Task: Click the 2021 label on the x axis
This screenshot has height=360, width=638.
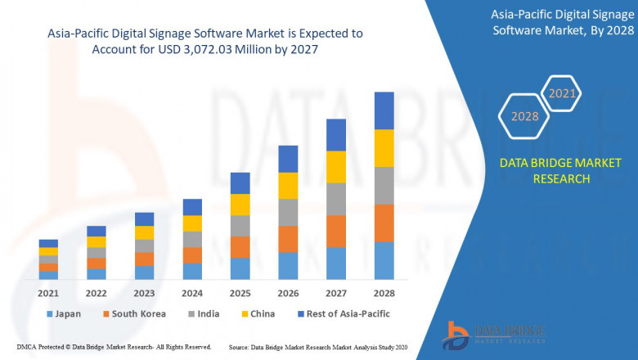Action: (x=48, y=294)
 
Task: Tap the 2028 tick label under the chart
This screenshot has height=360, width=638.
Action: (x=384, y=294)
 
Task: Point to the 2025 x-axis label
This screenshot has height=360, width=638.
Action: (x=240, y=294)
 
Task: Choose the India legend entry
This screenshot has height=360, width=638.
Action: (x=202, y=313)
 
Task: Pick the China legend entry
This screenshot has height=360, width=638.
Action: (x=257, y=313)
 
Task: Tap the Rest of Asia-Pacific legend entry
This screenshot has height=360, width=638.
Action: (x=343, y=313)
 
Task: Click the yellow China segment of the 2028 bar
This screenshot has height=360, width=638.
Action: (x=384, y=148)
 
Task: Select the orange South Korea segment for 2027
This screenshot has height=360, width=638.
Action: (x=336, y=232)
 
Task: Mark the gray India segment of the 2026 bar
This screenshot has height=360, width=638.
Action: (x=288, y=212)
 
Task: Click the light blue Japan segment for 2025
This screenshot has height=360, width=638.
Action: (x=240, y=269)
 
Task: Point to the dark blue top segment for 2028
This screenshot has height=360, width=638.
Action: (x=384, y=110)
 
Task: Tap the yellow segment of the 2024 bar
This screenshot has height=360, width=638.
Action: (x=192, y=223)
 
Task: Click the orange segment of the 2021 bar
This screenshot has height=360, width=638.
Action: (x=48, y=268)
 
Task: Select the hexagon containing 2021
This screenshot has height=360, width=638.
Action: (x=561, y=94)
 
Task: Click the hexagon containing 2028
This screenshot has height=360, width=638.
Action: (x=524, y=116)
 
